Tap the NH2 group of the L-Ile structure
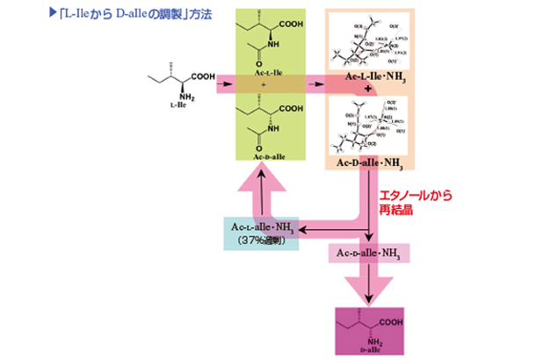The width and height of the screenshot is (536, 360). [x=186, y=97]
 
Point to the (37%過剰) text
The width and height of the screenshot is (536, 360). [x=261, y=242]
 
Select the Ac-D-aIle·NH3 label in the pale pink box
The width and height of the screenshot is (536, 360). [x=368, y=254]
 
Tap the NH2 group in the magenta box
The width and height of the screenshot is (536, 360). [x=373, y=337]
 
